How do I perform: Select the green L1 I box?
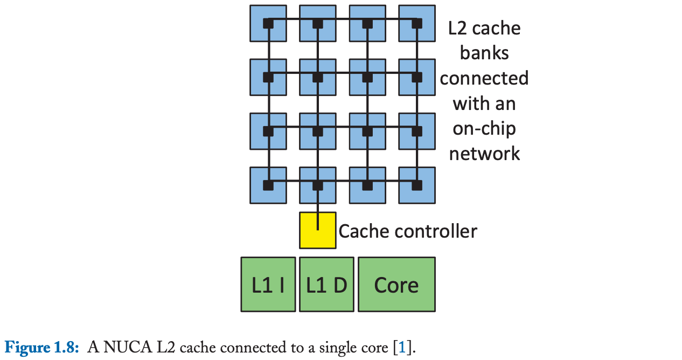pos(268,284)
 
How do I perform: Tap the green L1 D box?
pos(326,284)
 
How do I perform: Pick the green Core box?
pos(396,284)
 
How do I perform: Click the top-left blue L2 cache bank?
pos(268,23)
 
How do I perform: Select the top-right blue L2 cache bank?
pos(416,23)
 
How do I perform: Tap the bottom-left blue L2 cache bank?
pos(268,185)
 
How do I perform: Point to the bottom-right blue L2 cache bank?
pos(416,185)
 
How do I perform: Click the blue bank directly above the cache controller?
pos(317,185)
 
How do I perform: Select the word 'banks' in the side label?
pos(484,53)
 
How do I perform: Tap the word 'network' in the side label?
pos(484,154)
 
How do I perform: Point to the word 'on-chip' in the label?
pos(484,129)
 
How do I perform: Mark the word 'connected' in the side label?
pos(484,78)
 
